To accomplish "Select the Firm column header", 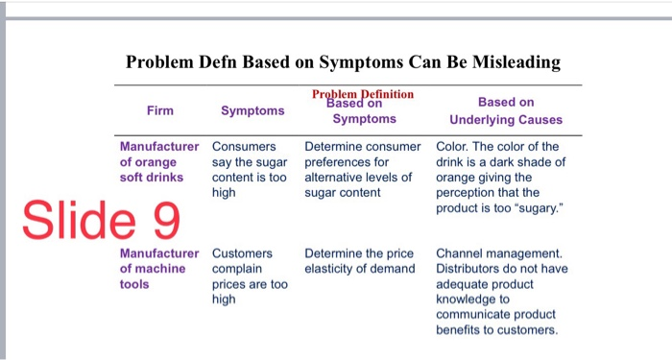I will pyautogui.click(x=160, y=110).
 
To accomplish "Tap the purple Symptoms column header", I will pyautogui.click(x=252, y=110).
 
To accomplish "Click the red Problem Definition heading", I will pyautogui.click(x=363, y=94).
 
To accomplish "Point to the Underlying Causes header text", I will pyautogui.click(x=506, y=120).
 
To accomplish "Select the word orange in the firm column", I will pyautogui.click(x=156, y=162).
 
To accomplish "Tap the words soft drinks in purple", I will pyautogui.click(x=152, y=177).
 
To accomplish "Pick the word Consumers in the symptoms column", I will pyautogui.click(x=244, y=147).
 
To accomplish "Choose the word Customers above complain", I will pyautogui.click(x=242, y=254).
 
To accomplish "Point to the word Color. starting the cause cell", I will pyautogui.click(x=454, y=147).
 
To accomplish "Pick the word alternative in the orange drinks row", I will pyautogui.click(x=333, y=178).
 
